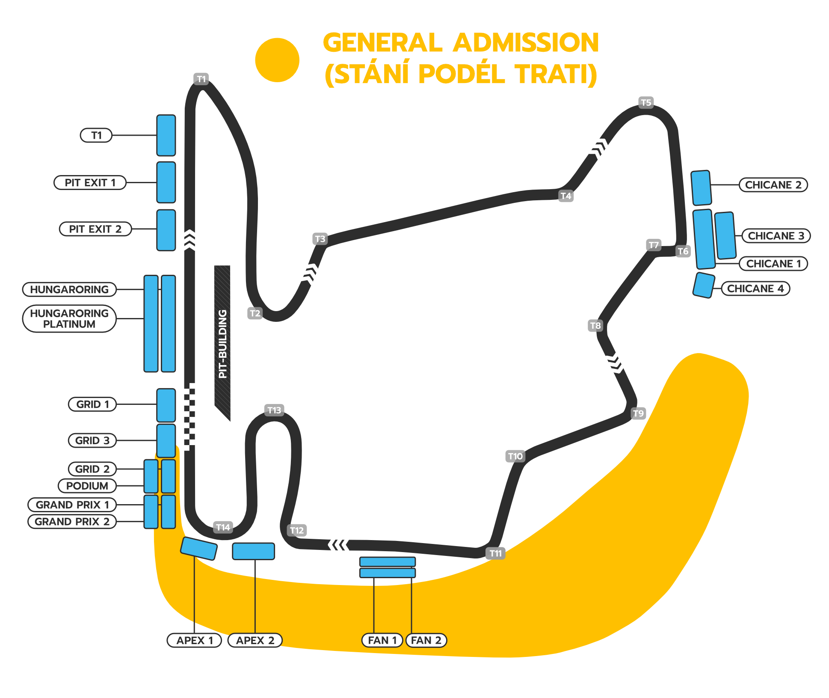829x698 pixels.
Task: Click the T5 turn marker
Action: point(646,103)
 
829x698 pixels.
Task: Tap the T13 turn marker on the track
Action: point(274,410)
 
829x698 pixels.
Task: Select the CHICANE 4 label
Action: point(755,288)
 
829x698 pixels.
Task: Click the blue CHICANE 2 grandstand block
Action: point(701,188)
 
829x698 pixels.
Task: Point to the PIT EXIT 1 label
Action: point(90,183)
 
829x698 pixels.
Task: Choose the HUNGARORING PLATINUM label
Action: point(69,319)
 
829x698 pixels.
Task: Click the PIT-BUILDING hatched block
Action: point(222,342)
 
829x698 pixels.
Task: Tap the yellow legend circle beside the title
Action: point(277,60)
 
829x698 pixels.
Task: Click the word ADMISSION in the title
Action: point(526,43)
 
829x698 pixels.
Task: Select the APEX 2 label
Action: point(255,640)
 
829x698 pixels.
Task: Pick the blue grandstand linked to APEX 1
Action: point(199,548)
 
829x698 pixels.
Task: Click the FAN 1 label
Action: point(382,640)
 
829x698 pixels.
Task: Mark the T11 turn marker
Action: point(495,553)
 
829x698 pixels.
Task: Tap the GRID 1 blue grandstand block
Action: point(166,405)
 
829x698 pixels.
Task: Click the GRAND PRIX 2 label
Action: point(72,522)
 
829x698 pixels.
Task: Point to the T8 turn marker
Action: point(595,326)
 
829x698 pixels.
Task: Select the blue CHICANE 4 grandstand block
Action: point(704,285)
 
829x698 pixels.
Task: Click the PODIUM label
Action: point(87,486)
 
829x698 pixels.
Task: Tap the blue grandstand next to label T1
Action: point(166,135)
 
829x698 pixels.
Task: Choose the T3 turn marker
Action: point(320,239)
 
